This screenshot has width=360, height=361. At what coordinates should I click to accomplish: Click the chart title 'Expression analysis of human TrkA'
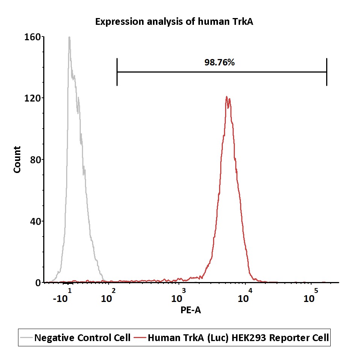click(174, 22)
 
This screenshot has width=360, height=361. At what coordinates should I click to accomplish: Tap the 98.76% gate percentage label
click(219, 62)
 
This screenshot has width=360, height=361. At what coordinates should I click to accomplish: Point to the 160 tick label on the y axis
click(32, 37)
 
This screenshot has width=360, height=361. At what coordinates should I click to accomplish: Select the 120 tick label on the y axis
click(32, 98)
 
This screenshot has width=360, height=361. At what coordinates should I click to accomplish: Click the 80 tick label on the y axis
click(35, 160)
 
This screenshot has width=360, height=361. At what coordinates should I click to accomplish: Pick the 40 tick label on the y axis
click(35, 221)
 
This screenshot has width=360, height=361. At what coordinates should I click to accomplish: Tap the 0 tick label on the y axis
click(38, 283)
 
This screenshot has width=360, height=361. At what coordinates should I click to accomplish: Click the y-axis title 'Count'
click(17, 159)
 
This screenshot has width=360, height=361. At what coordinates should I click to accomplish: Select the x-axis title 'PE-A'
click(191, 310)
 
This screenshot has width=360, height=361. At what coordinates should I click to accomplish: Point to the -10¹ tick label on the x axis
click(62, 296)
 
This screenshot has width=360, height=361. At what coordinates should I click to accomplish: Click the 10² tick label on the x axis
click(108, 296)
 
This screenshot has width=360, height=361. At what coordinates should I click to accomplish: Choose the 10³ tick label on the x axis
click(178, 296)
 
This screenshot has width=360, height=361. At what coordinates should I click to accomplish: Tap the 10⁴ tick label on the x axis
click(245, 296)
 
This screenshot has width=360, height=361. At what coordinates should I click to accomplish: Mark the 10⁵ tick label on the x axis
click(310, 296)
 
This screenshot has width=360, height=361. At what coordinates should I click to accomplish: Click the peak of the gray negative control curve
click(69, 37)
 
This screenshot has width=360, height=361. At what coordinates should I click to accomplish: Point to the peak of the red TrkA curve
click(227, 97)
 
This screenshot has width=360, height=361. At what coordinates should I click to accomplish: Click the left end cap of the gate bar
click(117, 72)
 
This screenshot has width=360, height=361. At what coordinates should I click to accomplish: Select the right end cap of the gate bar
click(327, 72)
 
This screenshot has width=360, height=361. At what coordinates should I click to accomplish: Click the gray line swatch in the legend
click(26, 338)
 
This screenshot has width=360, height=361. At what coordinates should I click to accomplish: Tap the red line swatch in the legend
click(140, 338)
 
